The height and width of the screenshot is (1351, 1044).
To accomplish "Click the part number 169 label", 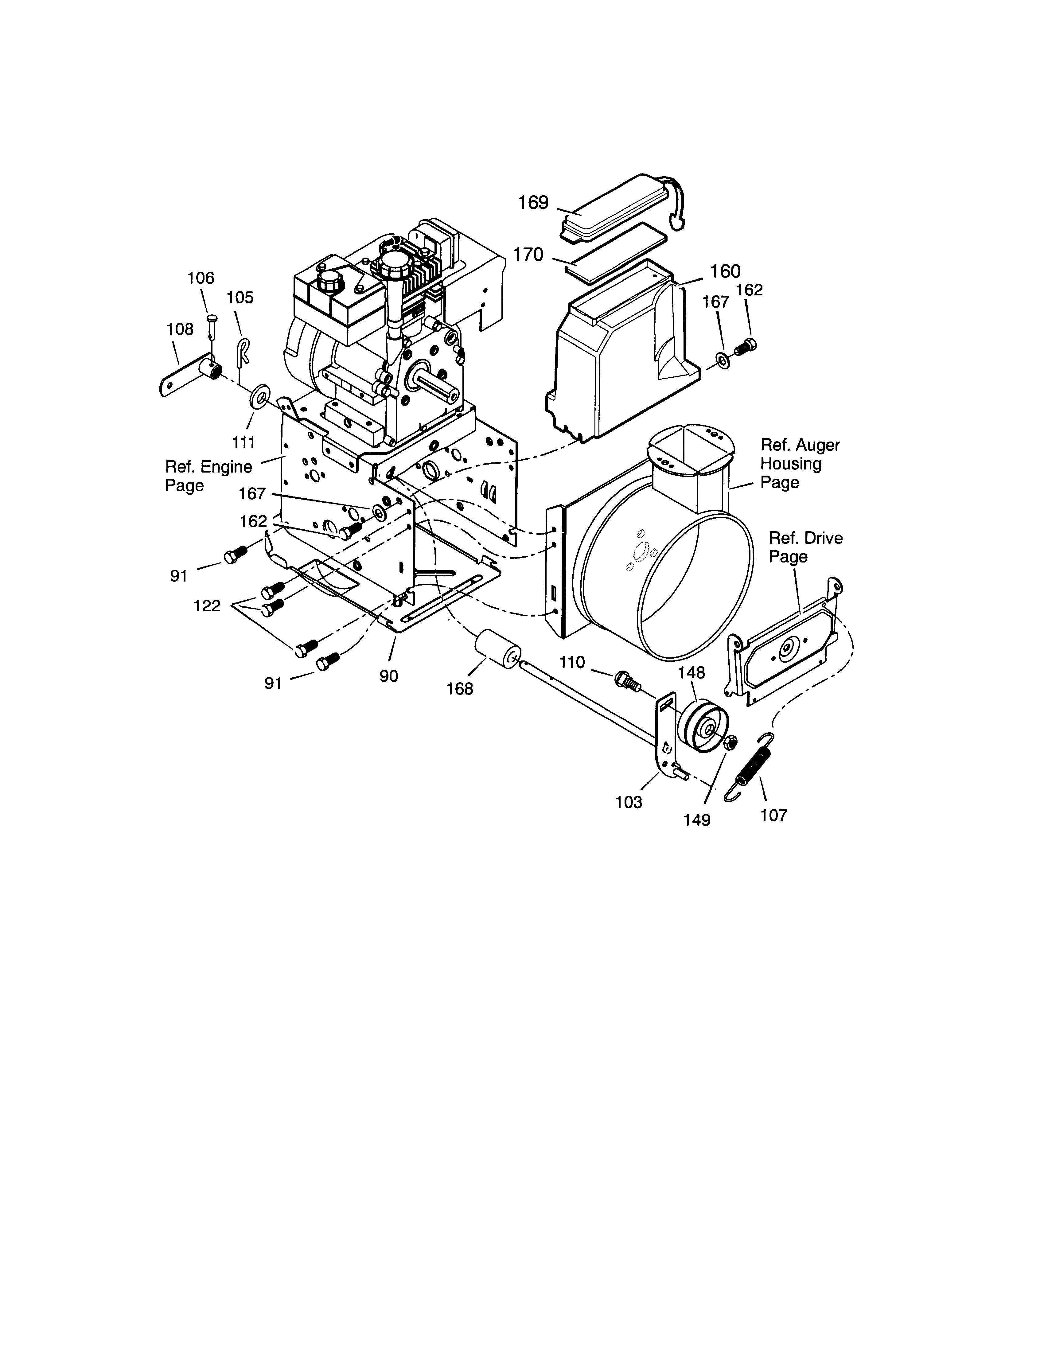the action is [x=533, y=203].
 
